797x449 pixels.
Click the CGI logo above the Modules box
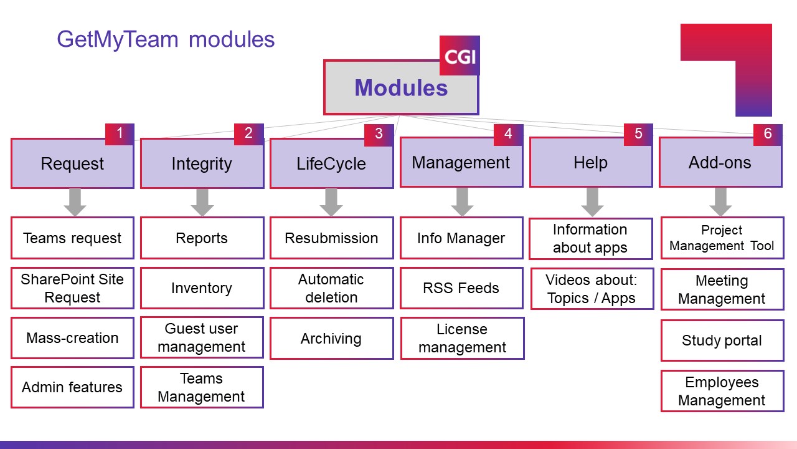point(460,56)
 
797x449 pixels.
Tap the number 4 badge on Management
point(507,134)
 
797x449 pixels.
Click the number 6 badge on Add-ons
point(767,134)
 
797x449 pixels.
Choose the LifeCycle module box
point(331,164)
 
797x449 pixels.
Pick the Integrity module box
point(202,164)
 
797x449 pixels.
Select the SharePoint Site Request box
point(72,288)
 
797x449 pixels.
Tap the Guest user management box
point(202,338)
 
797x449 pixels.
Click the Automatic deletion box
point(331,288)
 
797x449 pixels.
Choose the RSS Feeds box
point(461,288)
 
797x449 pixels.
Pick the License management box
point(461,338)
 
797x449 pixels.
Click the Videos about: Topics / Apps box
point(591,289)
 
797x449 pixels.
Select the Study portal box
point(722,340)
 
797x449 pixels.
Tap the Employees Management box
point(722,391)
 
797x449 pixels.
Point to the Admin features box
point(72,387)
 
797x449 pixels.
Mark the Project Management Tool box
point(722,238)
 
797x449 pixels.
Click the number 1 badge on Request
point(120,134)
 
